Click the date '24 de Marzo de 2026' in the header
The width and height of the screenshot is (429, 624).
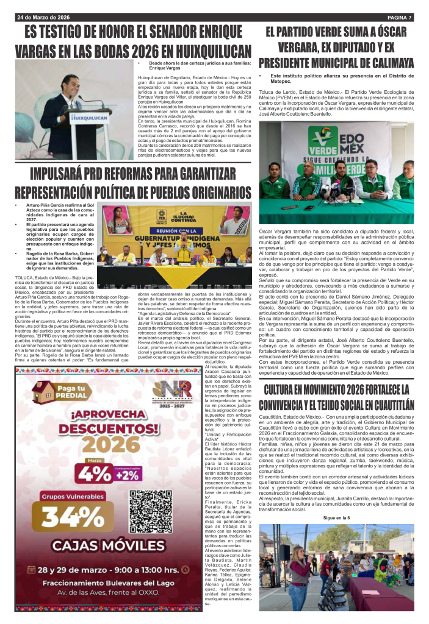(43, 16)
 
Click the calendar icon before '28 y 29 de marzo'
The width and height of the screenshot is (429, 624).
(32, 570)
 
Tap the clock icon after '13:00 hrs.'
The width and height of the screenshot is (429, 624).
(185, 570)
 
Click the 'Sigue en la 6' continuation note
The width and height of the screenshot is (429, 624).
(336, 517)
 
